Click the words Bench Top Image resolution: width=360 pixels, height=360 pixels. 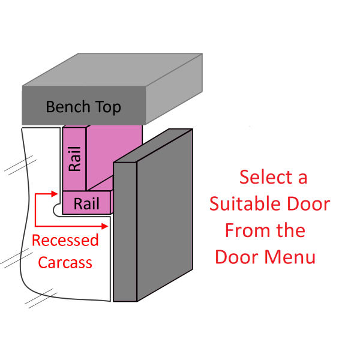coord(83,107)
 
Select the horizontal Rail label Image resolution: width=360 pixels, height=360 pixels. coord(86,204)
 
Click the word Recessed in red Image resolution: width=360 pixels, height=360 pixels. coord(65,241)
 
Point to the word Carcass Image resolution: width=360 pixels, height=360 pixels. coord(65,262)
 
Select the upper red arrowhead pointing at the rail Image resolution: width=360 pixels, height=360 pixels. coord(58,194)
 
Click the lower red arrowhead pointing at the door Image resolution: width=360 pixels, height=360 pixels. coord(106,226)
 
